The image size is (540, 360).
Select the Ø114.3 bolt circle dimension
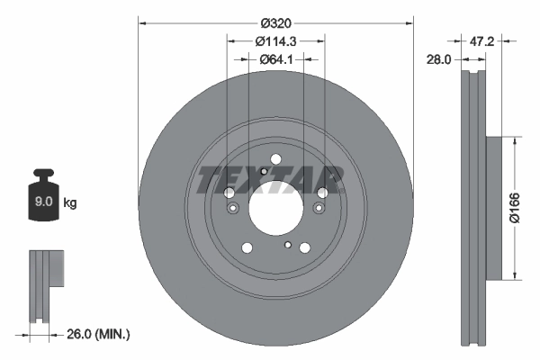274,41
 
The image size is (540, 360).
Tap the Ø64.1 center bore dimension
274,59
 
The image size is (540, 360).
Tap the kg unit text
70,203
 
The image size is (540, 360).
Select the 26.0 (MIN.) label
98,334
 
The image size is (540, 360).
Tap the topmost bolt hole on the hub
274,160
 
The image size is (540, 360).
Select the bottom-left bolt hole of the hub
246,248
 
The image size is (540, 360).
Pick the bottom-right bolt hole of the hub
304,248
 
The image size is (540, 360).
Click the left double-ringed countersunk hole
233,209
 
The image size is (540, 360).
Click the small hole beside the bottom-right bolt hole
287,245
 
